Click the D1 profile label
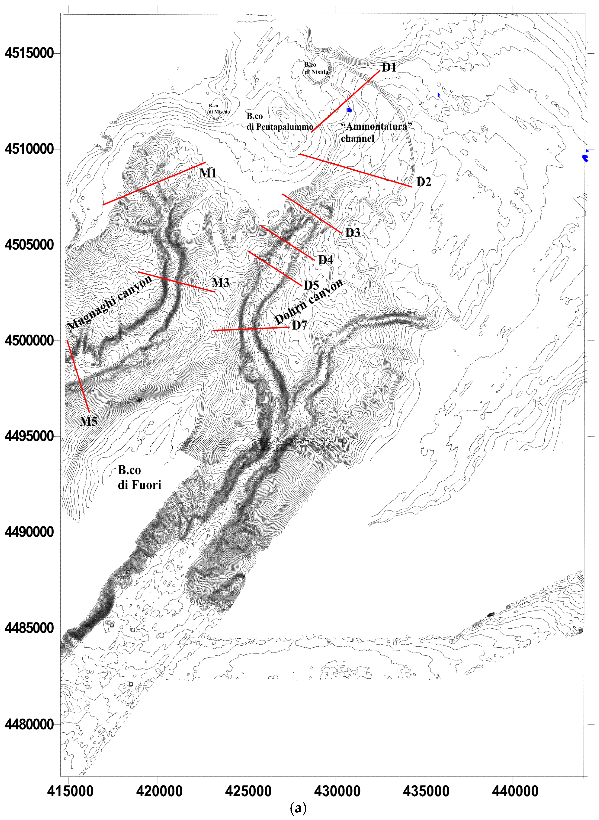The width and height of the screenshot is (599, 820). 389,67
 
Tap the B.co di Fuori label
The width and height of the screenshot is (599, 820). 139,477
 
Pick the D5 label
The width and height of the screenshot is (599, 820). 311,285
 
